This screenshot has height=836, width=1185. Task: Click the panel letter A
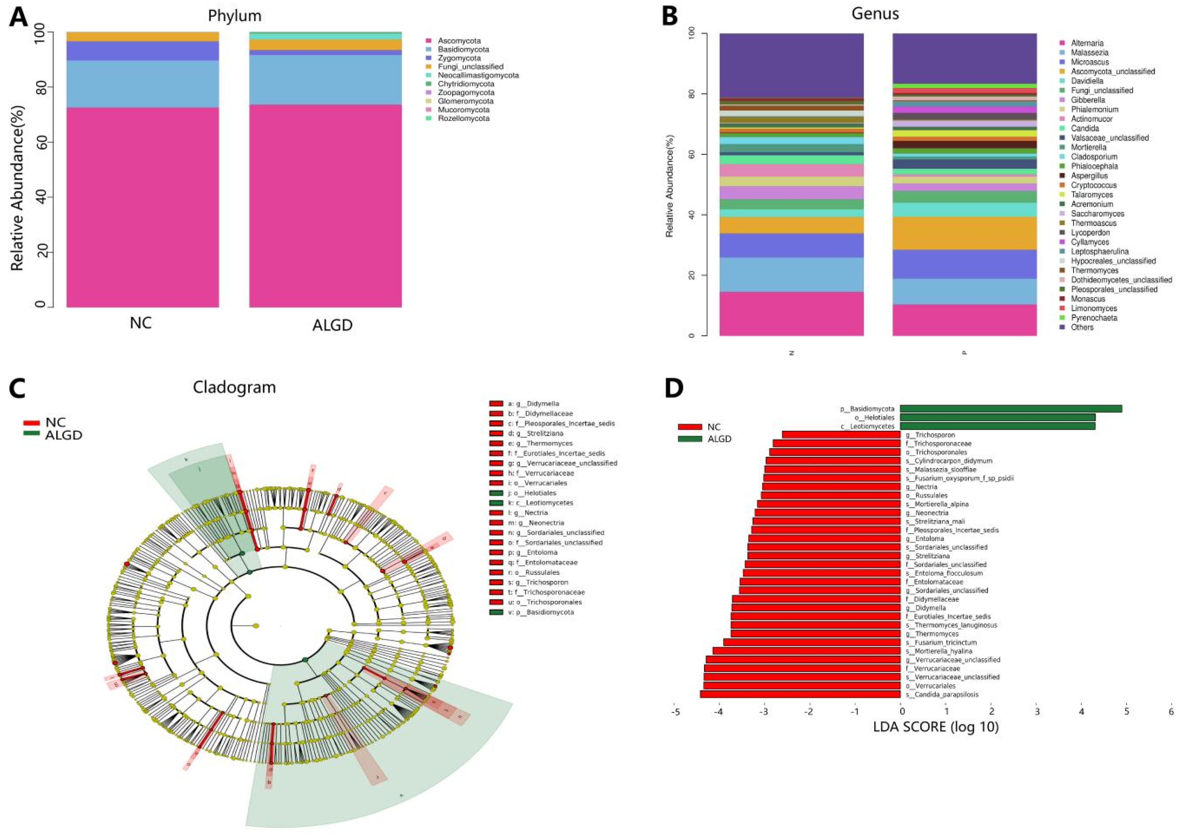pos(19,17)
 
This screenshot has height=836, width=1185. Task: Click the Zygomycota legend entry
pos(459,58)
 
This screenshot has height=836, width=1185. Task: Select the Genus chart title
pos(875,14)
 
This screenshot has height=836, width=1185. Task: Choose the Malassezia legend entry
pos(1089,52)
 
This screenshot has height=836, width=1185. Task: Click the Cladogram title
pos(234,387)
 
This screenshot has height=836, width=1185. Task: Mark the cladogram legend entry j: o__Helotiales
pos(532,493)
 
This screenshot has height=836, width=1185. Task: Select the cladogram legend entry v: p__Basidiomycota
pos(540,612)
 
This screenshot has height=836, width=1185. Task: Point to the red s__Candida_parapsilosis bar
pos(800,694)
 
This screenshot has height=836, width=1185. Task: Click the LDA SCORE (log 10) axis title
pos(936,727)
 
